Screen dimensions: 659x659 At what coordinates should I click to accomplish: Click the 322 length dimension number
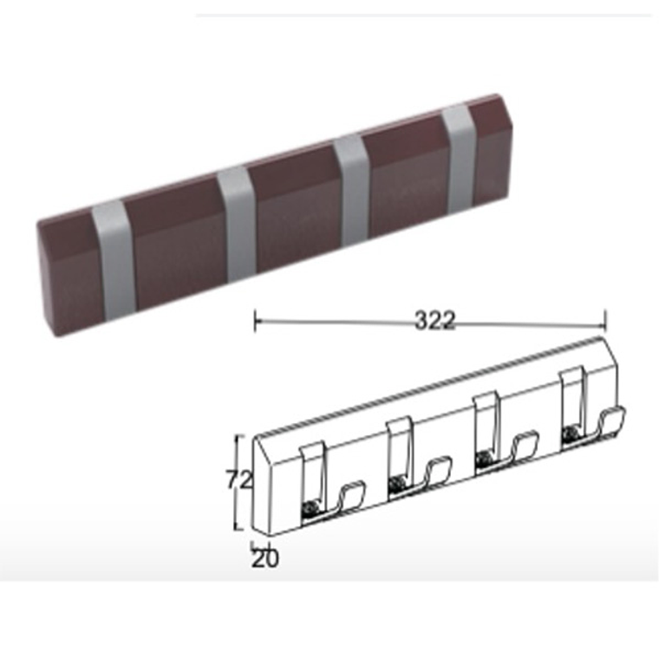click(x=434, y=321)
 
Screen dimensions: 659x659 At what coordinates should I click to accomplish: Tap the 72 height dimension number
click(x=239, y=480)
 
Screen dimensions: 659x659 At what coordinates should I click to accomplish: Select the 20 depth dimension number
click(x=264, y=558)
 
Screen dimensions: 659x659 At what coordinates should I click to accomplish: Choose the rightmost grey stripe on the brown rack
click(x=460, y=159)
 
